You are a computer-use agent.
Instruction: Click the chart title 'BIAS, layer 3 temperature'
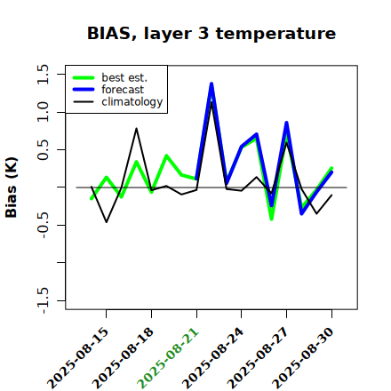pos(211,34)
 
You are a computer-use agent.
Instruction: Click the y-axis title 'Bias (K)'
pos(12,188)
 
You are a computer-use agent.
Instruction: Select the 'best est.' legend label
pos(124,77)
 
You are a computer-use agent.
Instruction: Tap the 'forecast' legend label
pos(123,90)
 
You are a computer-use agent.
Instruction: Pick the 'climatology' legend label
pos(132,102)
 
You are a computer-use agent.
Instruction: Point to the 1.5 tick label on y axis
pos(43,74)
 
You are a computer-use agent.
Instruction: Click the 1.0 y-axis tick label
pos(43,112)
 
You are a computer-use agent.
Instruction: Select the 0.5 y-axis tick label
pos(43,149)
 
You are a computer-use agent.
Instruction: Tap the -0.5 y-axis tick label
pos(43,226)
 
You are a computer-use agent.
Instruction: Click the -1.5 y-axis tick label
pos(43,300)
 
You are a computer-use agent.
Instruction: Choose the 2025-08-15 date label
pos(78,358)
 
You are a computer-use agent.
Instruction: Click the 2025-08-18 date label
pos(123,358)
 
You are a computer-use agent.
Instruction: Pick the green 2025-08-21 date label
pos(168,358)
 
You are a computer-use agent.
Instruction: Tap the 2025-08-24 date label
pos(213,358)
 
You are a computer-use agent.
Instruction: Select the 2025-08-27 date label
pos(258,358)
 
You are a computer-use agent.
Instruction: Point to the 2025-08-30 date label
pos(303,358)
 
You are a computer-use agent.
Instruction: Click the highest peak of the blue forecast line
pos(211,84)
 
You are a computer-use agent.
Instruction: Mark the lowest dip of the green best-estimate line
pos(272,219)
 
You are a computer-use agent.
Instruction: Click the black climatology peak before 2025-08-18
pos(136,128)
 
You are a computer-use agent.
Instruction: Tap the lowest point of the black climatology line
pos(107,222)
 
